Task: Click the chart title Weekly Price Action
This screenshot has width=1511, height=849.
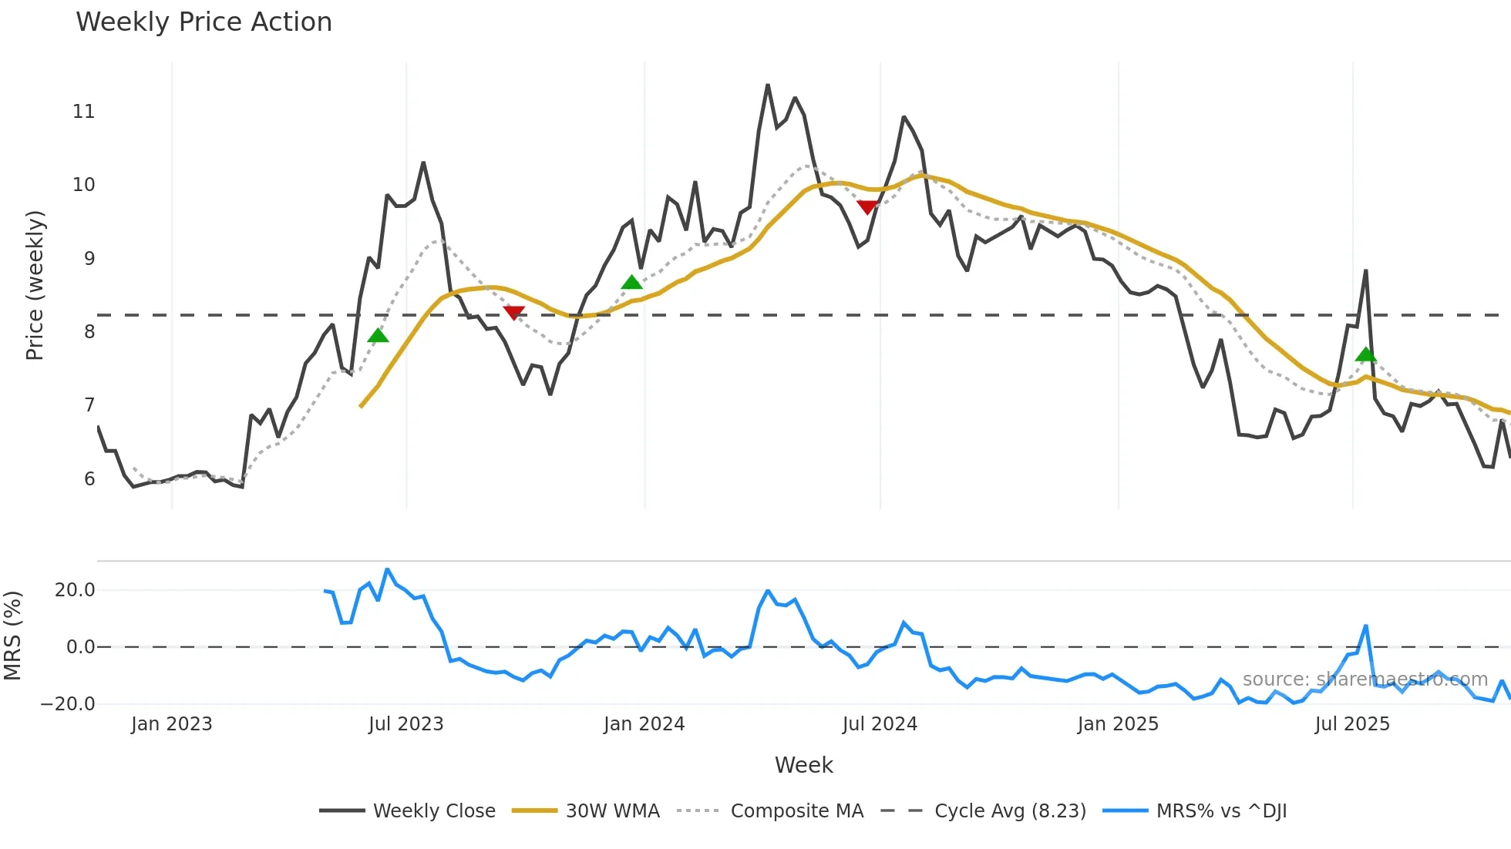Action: (204, 22)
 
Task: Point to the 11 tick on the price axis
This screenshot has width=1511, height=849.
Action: (83, 112)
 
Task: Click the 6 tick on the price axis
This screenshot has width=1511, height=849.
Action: (89, 479)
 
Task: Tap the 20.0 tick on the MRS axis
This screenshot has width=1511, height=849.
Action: (74, 590)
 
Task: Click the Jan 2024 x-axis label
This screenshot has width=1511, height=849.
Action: (644, 724)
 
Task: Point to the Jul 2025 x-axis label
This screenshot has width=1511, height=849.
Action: (1351, 724)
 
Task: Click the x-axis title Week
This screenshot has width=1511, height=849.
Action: (803, 765)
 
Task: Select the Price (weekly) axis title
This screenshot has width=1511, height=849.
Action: (35, 285)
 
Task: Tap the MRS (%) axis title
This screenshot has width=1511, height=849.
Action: (12, 636)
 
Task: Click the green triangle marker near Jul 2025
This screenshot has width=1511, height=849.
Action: (1365, 355)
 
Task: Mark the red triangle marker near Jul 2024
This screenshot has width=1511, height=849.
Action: (867, 207)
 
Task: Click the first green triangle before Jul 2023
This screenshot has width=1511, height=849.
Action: (378, 335)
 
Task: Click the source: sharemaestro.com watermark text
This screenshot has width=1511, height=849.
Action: (1365, 680)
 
